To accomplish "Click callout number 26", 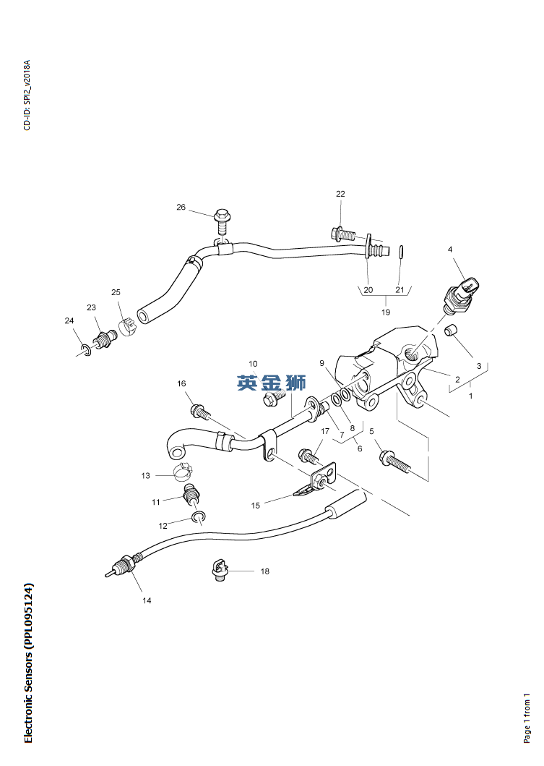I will click(x=181, y=208).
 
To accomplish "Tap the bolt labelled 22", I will click(x=342, y=234).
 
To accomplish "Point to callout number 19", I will click(x=386, y=312).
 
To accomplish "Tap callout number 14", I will click(x=147, y=600).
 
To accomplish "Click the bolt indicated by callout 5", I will click(x=392, y=459).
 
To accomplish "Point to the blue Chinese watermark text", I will click(x=272, y=383).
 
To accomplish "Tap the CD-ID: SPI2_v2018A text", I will click(x=27, y=95).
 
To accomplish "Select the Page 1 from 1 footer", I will click(x=527, y=718).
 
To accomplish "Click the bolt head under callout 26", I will click(x=223, y=216).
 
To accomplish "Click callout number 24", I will click(x=69, y=321).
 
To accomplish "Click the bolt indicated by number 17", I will click(x=309, y=456).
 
